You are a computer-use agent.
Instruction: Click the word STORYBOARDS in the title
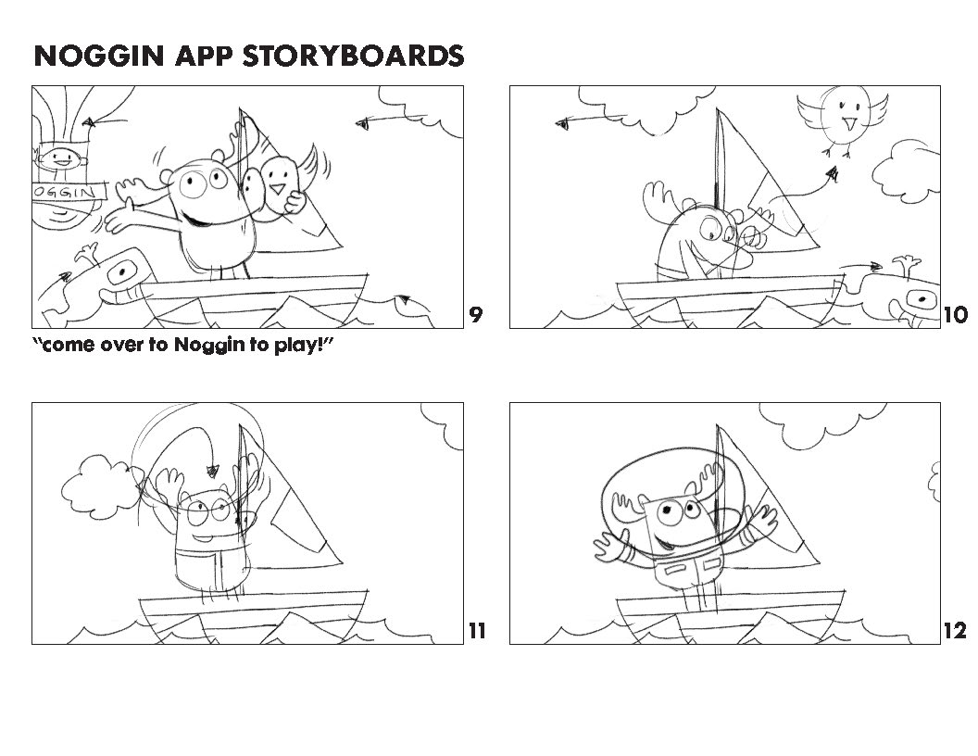[353, 56]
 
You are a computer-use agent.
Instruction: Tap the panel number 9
[475, 315]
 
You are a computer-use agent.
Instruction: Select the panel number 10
[955, 315]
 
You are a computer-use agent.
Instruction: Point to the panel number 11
[477, 631]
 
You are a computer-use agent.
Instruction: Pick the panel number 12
[955, 631]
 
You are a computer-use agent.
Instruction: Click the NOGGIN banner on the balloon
[69, 192]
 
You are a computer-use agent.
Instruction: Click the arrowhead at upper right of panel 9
[363, 124]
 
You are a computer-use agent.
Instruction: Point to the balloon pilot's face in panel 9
[62, 158]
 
